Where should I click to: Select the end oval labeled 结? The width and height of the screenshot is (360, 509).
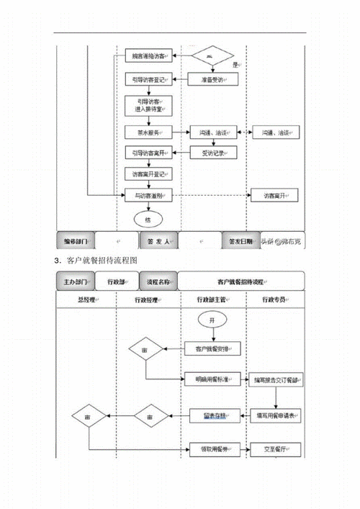coord(148,218)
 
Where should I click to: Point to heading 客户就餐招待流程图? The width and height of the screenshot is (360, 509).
coord(101,260)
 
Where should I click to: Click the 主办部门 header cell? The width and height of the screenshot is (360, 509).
coord(75,281)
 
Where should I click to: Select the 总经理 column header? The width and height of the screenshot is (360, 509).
coord(86,299)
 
